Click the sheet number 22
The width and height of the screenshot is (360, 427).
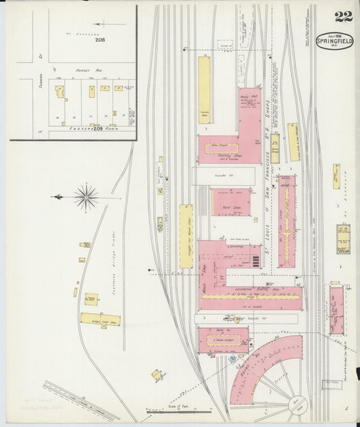pos(342,17)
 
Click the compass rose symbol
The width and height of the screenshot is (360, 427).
pos(85,197)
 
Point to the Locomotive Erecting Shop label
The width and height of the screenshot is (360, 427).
pos(251,288)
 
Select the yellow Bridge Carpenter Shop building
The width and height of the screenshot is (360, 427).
pos(101,319)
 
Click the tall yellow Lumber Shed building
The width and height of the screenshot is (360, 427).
pos(204,89)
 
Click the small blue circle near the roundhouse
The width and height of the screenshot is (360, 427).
pos(234,357)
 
